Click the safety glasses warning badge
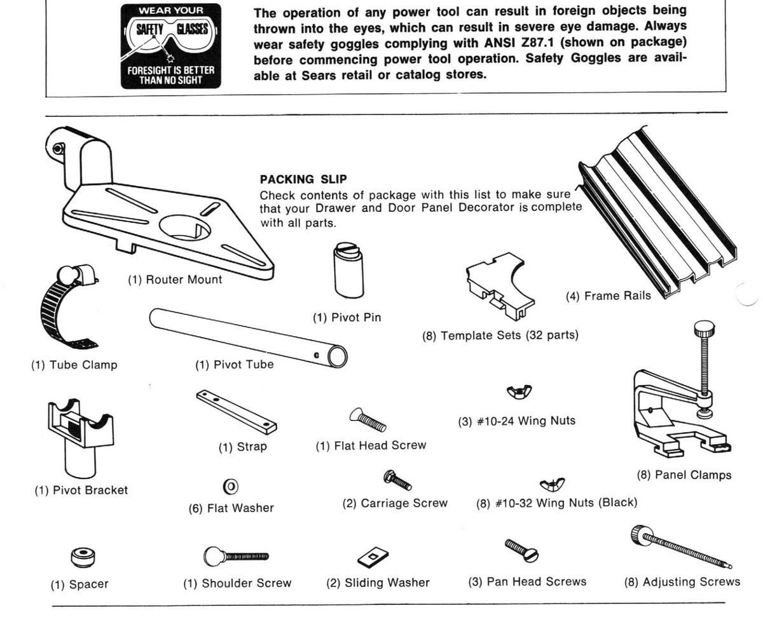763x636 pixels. (x=170, y=45)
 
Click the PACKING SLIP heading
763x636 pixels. (x=303, y=180)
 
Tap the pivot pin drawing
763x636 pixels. (x=348, y=270)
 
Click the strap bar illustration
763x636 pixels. (x=236, y=411)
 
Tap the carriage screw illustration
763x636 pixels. (x=398, y=480)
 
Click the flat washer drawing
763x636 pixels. (x=231, y=487)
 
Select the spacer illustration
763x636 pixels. (x=84, y=557)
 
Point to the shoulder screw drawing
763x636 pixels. (x=235, y=557)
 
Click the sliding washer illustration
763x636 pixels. (x=373, y=558)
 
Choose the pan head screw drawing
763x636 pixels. (x=521, y=550)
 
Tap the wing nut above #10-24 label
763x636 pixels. (x=519, y=391)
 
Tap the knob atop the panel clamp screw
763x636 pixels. (x=704, y=329)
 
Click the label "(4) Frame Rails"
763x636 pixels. (x=608, y=295)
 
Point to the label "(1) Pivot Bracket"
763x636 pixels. (x=81, y=491)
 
